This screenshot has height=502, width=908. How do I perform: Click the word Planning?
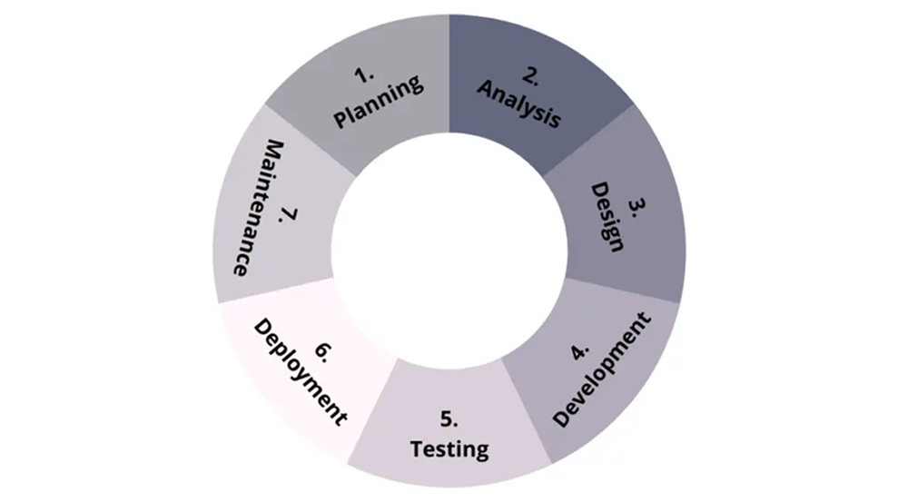point(379,102)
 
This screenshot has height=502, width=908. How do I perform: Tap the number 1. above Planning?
point(365,75)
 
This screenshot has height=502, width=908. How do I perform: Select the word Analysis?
point(519,103)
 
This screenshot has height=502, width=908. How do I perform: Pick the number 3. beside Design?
point(637,208)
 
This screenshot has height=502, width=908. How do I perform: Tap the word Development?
point(602,370)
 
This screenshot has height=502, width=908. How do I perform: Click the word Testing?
point(449,448)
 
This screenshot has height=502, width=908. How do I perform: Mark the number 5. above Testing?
point(449,418)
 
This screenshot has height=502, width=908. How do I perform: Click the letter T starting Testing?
point(417,448)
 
